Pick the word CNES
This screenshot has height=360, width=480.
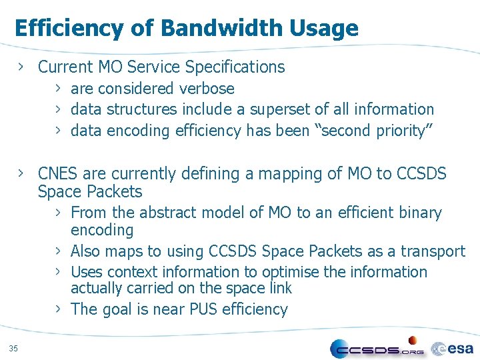coord(58,174)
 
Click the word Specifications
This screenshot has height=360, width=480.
coord(235,67)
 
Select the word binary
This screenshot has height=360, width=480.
coord(418,213)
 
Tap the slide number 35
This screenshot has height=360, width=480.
coord(14,347)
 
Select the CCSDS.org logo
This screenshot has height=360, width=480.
coord(377,348)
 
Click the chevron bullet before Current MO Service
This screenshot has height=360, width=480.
coord(23,67)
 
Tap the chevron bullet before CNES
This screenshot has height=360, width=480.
coord(23,173)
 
